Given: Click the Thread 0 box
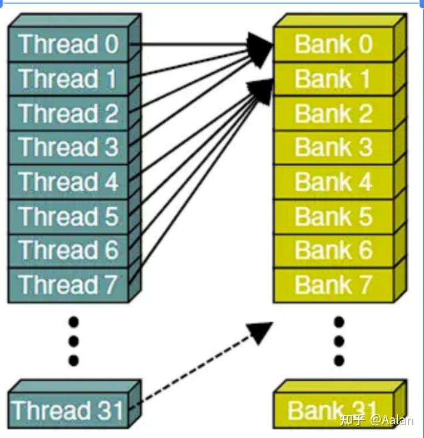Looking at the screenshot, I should (x=68, y=44).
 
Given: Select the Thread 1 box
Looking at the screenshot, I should (x=68, y=79).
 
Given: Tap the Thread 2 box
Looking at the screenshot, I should (x=68, y=113).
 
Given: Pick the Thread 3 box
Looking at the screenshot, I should (x=68, y=148).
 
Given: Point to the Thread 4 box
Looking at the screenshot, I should (x=68, y=182).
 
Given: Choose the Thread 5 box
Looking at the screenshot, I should (x=68, y=217).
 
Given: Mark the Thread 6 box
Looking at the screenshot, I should (x=68, y=251).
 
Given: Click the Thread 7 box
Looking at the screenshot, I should (x=68, y=285).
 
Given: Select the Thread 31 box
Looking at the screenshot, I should (x=68, y=410).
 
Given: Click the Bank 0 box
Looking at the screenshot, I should (x=333, y=44).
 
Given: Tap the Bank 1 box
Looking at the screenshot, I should (x=333, y=79).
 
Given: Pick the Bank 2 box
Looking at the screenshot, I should (x=333, y=113).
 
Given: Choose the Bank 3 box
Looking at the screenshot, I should (x=333, y=148).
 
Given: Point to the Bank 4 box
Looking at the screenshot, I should (x=333, y=182).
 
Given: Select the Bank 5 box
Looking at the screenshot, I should (x=333, y=217).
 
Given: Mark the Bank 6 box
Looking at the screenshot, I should (x=333, y=251).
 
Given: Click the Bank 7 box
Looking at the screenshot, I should (x=333, y=285).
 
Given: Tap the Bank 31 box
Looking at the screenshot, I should (x=333, y=411).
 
